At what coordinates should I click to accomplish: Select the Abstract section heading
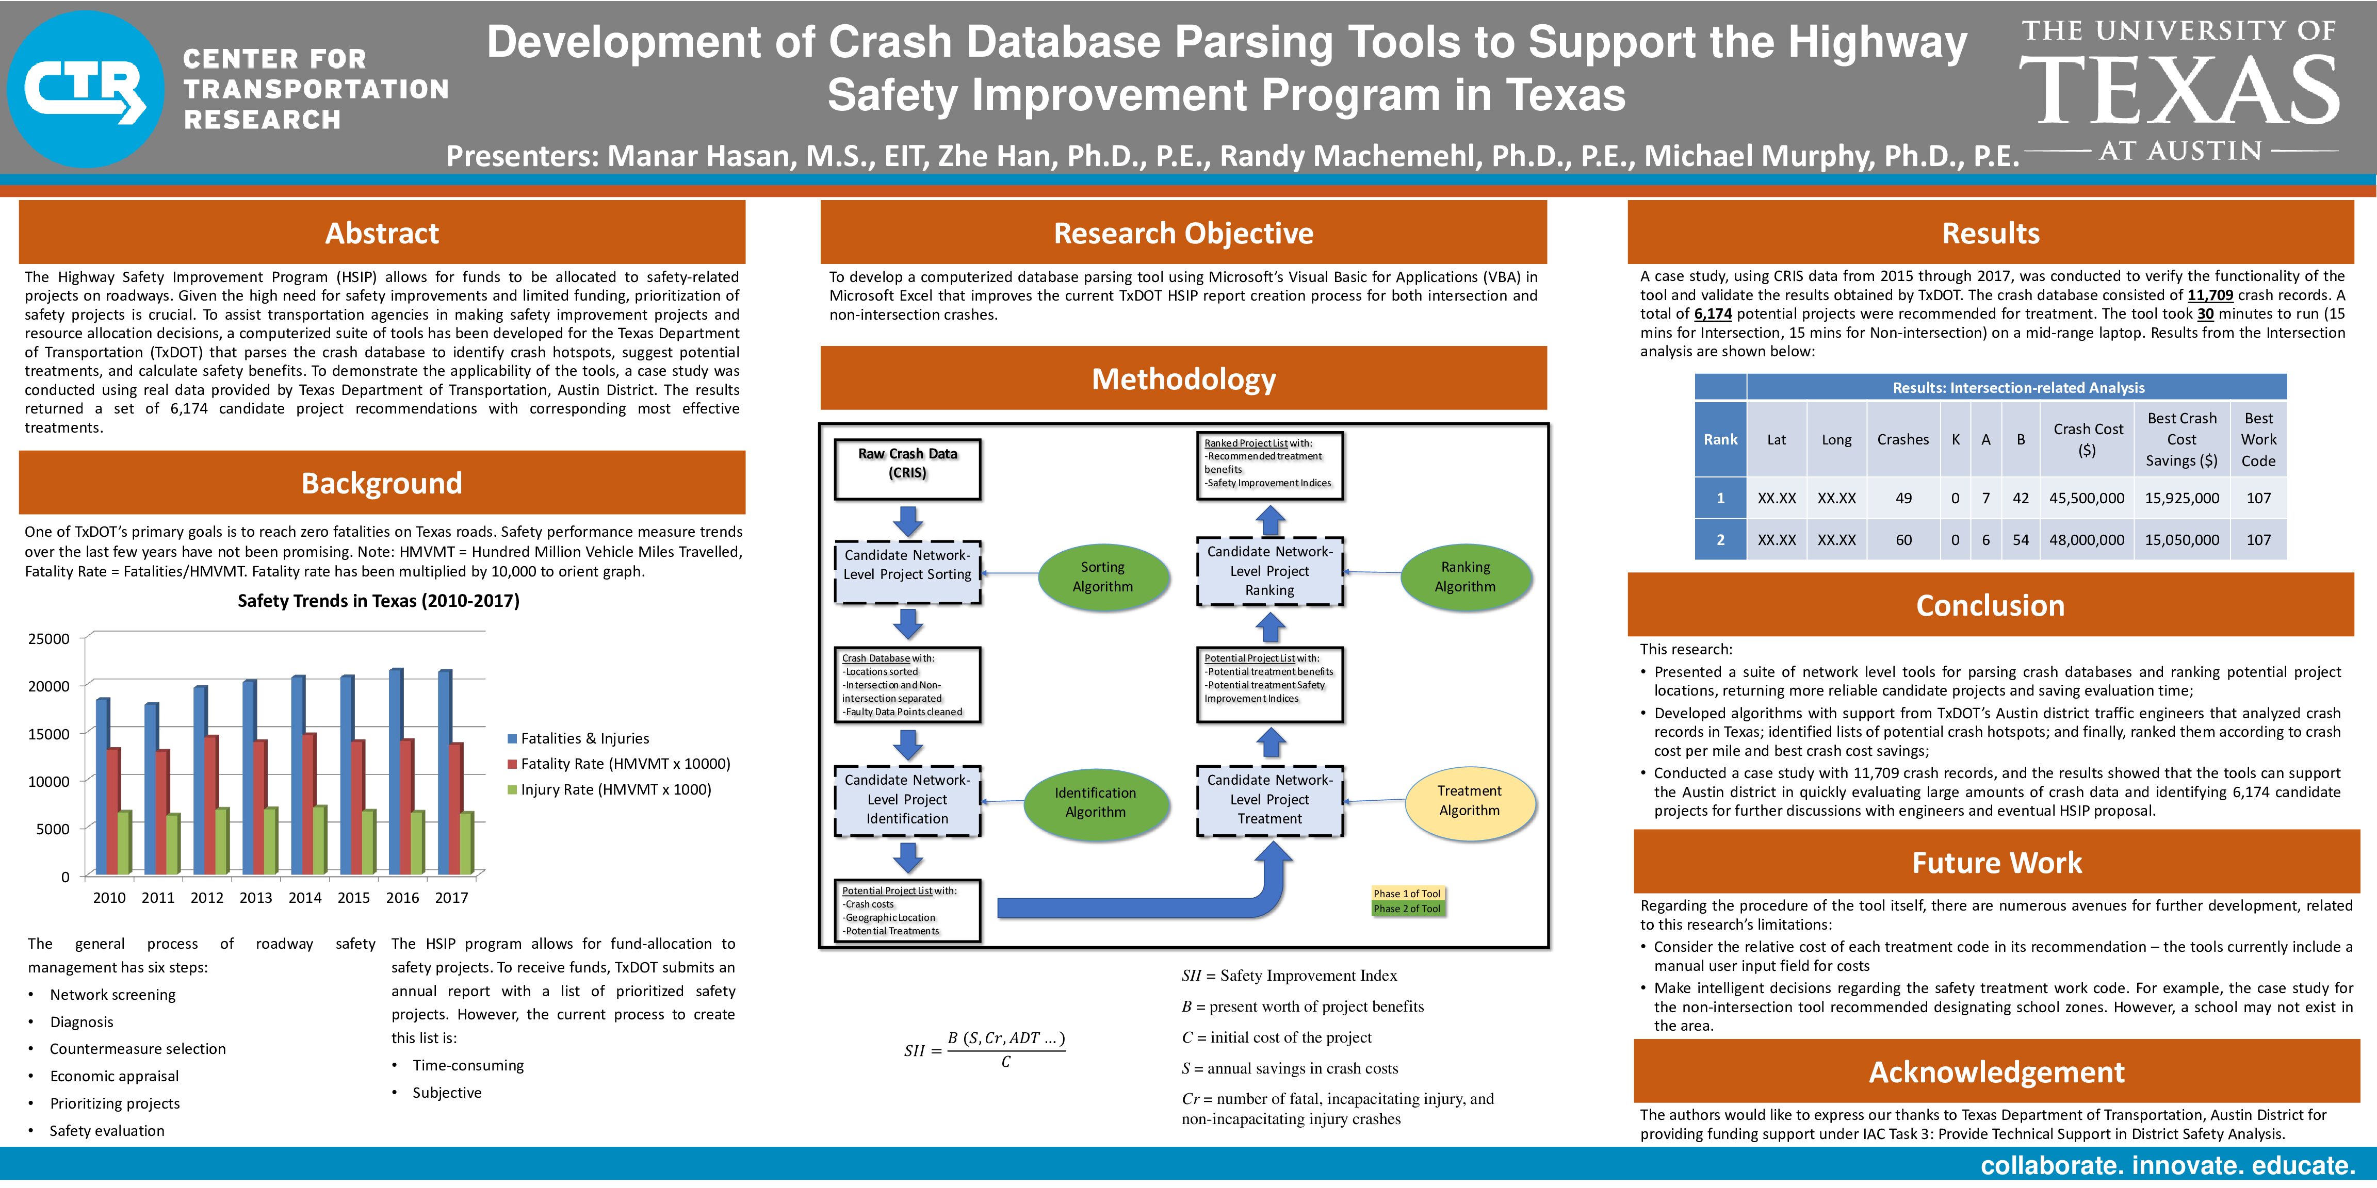point(382,233)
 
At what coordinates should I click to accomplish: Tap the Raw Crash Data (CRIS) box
point(907,470)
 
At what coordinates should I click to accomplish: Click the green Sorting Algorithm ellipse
point(1103,576)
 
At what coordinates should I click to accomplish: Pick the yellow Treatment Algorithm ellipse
point(1469,801)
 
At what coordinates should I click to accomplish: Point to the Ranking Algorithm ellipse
point(1466,576)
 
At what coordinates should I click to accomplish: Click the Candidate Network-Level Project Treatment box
point(1269,800)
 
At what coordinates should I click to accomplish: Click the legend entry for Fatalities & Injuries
point(579,738)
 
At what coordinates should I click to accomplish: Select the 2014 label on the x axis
point(304,898)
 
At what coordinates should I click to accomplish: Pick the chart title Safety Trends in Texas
point(378,601)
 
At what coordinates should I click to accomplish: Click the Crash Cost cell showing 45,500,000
point(2087,498)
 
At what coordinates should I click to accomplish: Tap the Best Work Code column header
point(2258,439)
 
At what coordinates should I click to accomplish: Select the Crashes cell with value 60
point(1903,539)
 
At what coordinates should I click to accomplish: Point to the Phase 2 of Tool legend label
point(1406,909)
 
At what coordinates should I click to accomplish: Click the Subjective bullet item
point(447,1093)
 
